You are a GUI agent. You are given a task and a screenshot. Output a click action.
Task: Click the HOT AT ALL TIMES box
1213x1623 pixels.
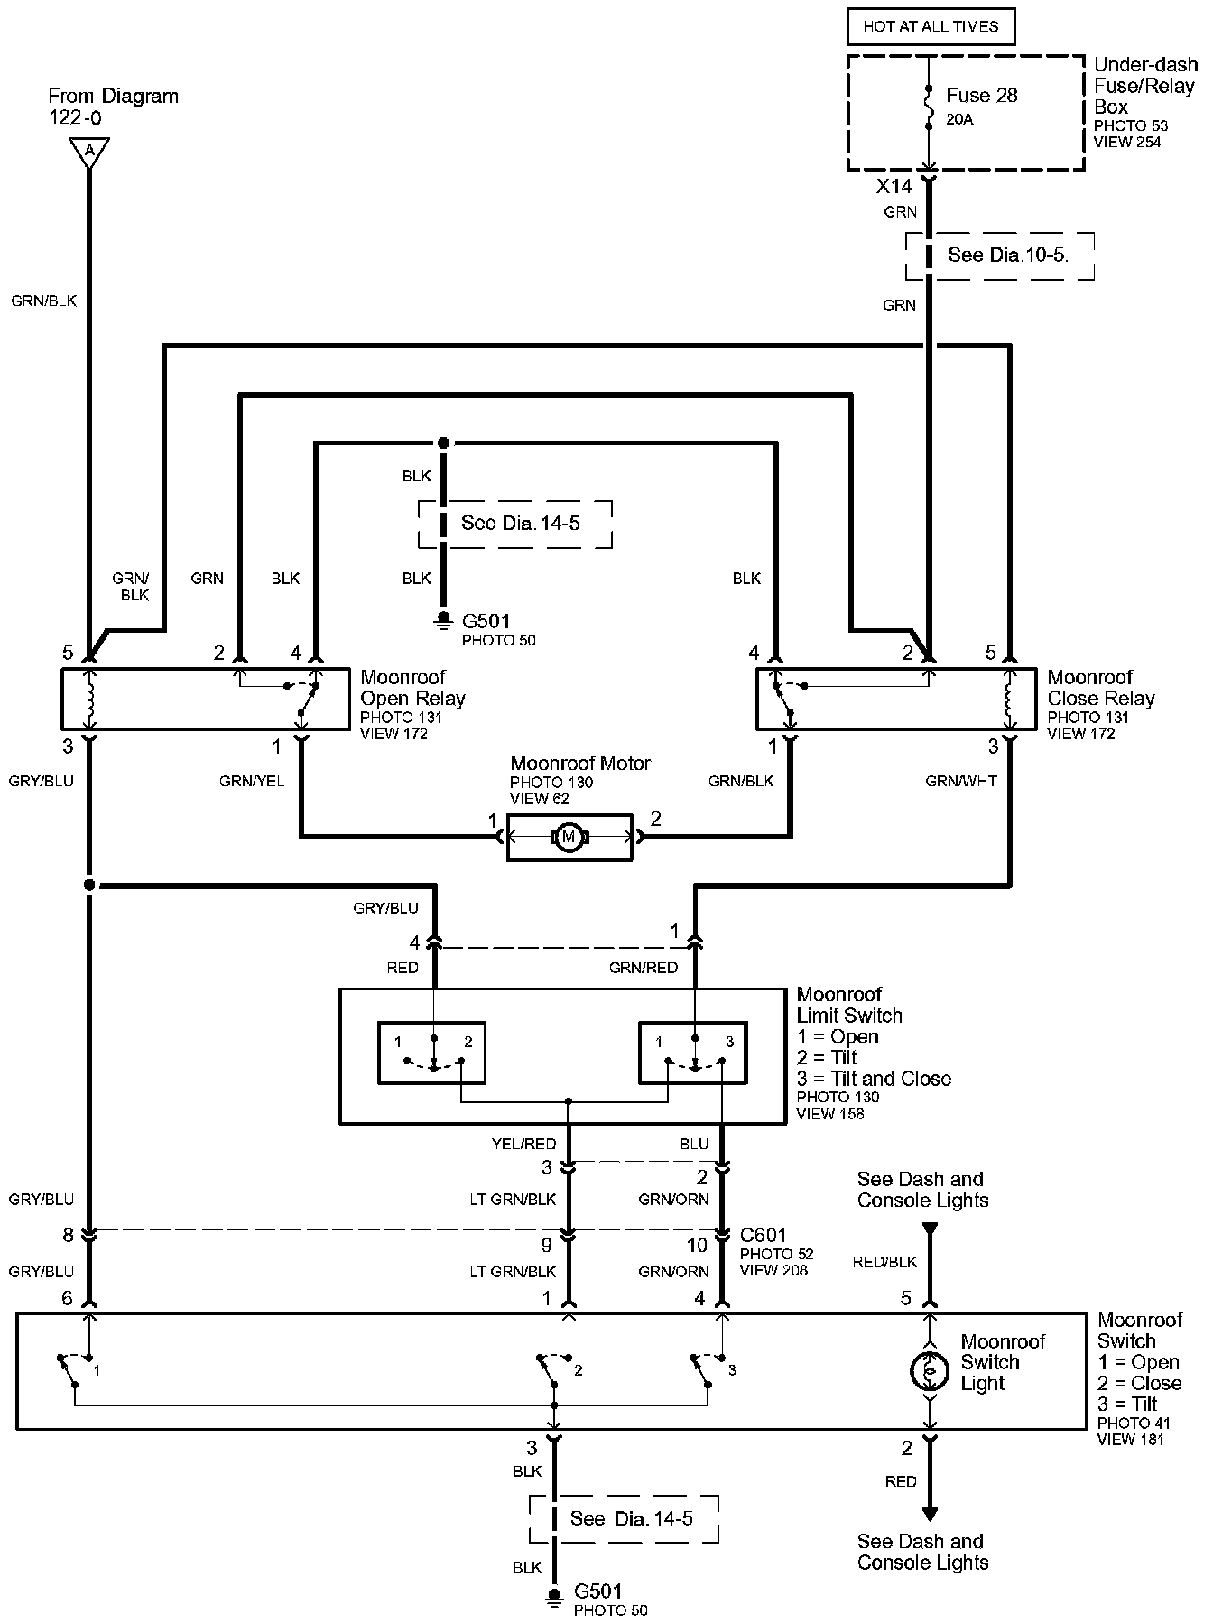click(x=931, y=26)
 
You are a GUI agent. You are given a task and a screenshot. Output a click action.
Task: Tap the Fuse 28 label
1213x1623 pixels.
click(x=981, y=96)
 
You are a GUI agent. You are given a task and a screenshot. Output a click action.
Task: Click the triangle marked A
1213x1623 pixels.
click(x=89, y=152)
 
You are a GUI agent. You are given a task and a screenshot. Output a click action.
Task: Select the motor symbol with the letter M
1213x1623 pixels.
click(x=569, y=838)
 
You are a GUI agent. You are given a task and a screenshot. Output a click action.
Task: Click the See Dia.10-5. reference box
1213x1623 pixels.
click(x=1000, y=255)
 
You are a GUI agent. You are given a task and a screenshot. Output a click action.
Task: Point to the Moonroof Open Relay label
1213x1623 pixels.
click(x=412, y=688)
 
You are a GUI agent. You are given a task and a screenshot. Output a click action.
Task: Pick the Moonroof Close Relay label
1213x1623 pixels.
click(x=1101, y=688)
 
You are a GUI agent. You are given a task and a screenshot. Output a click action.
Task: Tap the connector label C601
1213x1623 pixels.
click(x=763, y=1235)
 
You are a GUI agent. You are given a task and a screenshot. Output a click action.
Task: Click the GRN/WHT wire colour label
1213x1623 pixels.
click(x=961, y=781)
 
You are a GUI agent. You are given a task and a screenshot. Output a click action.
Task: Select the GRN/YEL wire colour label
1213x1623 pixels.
click(x=252, y=781)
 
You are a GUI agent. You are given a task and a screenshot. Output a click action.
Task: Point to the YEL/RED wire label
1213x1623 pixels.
click(x=523, y=1144)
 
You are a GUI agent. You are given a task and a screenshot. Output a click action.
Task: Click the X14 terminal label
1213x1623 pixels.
click(x=894, y=187)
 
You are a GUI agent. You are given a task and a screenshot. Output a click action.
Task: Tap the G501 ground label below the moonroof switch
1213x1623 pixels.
click(x=597, y=1591)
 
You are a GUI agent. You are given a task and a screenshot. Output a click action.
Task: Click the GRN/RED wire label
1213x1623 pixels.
click(x=644, y=968)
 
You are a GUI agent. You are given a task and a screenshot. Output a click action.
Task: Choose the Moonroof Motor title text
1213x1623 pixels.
click(x=580, y=764)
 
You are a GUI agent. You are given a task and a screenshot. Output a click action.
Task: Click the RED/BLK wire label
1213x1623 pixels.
click(x=884, y=1262)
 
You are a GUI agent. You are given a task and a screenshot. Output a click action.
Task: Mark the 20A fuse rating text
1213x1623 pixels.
click(x=959, y=119)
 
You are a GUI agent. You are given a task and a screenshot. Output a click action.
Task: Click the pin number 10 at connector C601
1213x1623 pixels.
click(x=697, y=1247)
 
